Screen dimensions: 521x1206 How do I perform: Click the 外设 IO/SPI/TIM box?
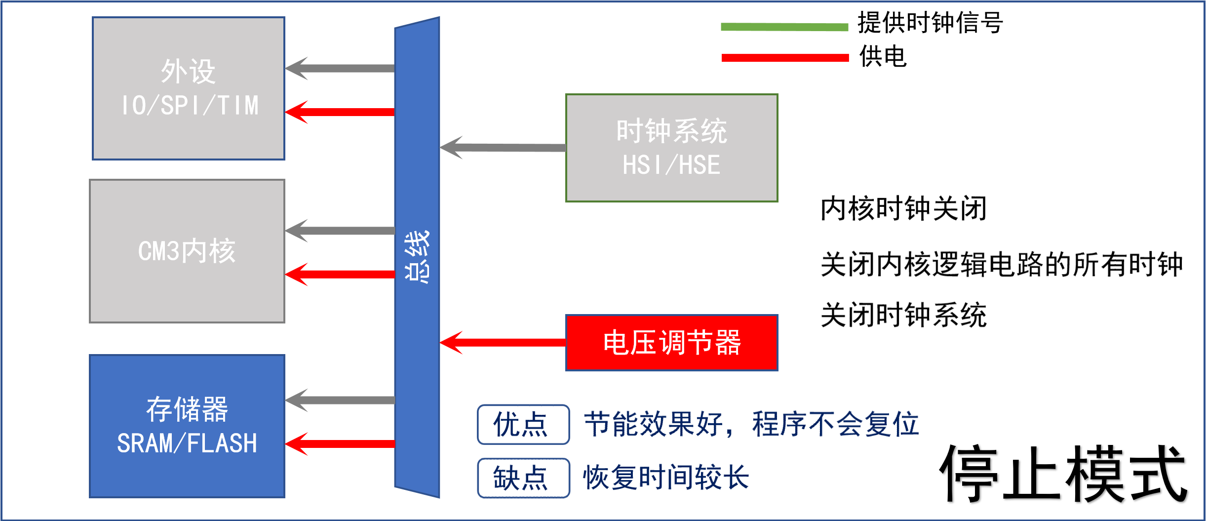(189, 88)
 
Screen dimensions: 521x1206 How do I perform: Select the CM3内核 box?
(187, 251)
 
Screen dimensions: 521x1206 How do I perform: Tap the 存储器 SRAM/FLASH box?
(187, 426)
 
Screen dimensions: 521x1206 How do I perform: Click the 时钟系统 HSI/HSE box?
(671, 148)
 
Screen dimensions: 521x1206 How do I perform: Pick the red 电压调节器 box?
(671, 343)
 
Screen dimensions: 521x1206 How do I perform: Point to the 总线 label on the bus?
(417, 257)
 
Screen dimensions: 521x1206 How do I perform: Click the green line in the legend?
(784, 27)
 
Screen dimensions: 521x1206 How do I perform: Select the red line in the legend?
(785, 58)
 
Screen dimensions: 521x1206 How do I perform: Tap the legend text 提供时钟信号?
(930, 23)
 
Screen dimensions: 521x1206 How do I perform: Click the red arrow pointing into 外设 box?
(341, 112)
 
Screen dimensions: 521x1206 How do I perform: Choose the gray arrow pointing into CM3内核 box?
(341, 231)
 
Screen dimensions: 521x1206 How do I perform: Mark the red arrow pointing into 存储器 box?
(341, 443)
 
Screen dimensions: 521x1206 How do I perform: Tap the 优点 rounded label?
(523, 425)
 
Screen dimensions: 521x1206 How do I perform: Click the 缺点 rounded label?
(523, 478)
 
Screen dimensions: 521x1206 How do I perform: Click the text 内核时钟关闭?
(903, 208)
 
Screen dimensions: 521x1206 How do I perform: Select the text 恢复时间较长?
(666, 478)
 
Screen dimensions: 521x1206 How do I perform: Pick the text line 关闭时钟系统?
(903, 315)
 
